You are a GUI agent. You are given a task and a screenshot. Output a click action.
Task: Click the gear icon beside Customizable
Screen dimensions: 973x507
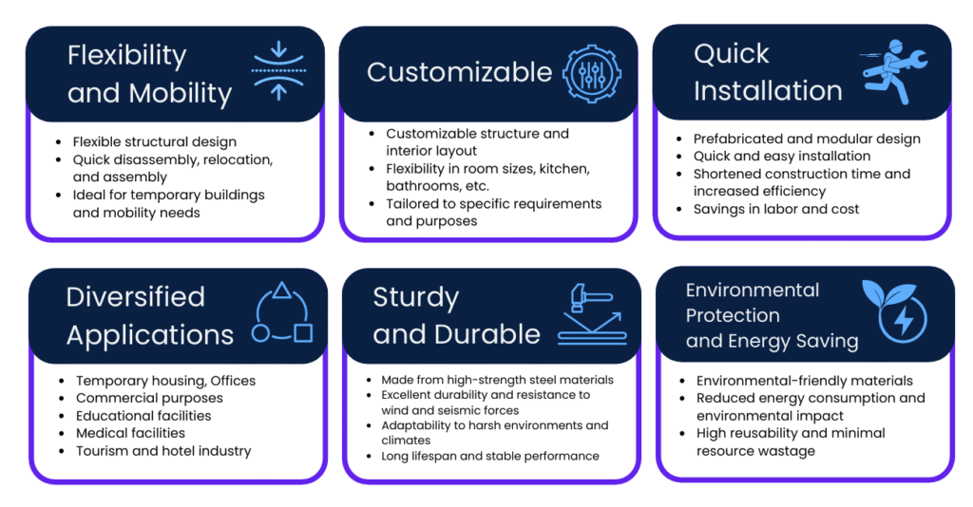pyautogui.click(x=592, y=74)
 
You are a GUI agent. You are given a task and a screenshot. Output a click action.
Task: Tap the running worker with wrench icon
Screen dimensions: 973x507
pyautogui.click(x=894, y=72)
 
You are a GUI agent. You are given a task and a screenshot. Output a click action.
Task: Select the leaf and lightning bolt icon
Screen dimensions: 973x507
pyautogui.click(x=894, y=310)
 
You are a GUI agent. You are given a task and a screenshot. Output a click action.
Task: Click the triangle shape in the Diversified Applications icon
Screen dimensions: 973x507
pyautogui.click(x=282, y=291)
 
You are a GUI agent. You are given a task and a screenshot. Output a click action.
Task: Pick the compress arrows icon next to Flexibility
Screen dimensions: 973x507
pyautogui.click(x=278, y=70)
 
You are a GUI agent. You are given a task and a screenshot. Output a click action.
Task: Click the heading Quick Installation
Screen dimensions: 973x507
pyautogui.click(x=768, y=72)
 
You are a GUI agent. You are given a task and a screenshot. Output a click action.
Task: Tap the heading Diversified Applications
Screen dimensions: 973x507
pyautogui.click(x=149, y=315)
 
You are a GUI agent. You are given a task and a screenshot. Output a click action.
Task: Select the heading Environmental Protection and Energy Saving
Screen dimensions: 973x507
pyautogui.click(x=772, y=315)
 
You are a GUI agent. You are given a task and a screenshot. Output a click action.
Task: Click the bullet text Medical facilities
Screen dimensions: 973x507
pyautogui.click(x=130, y=433)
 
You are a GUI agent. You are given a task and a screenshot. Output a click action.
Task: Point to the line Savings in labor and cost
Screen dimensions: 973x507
pyautogui.click(x=775, y=209)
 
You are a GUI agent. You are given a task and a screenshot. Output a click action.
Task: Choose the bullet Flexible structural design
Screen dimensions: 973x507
pyautogui.click(x=155, y=141)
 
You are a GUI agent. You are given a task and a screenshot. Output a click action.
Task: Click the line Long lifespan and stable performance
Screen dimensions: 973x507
pyautogui.click(x=490, y=456)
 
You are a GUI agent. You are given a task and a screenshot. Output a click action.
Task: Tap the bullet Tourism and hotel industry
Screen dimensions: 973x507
pyautogui.click(x=163, y=451)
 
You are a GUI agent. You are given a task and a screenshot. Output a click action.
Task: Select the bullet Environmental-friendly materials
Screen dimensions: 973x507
pyautogui.click(x=804, y=381)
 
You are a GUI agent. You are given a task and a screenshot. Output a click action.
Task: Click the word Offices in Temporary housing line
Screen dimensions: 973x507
pyautogui.click(x=233, y=381)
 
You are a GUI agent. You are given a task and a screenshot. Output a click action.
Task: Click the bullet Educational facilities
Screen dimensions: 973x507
pyautogui.click(x=143, y=415)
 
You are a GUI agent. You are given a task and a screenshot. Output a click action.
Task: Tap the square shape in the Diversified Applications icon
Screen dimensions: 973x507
pyautogui.click(x=303, y=333)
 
